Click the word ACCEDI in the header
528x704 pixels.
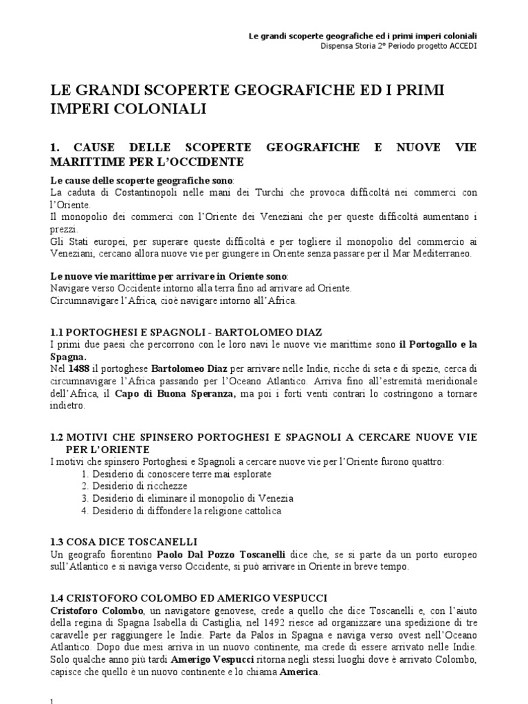pos(461,46)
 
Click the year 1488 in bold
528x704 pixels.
pos(80,369)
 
